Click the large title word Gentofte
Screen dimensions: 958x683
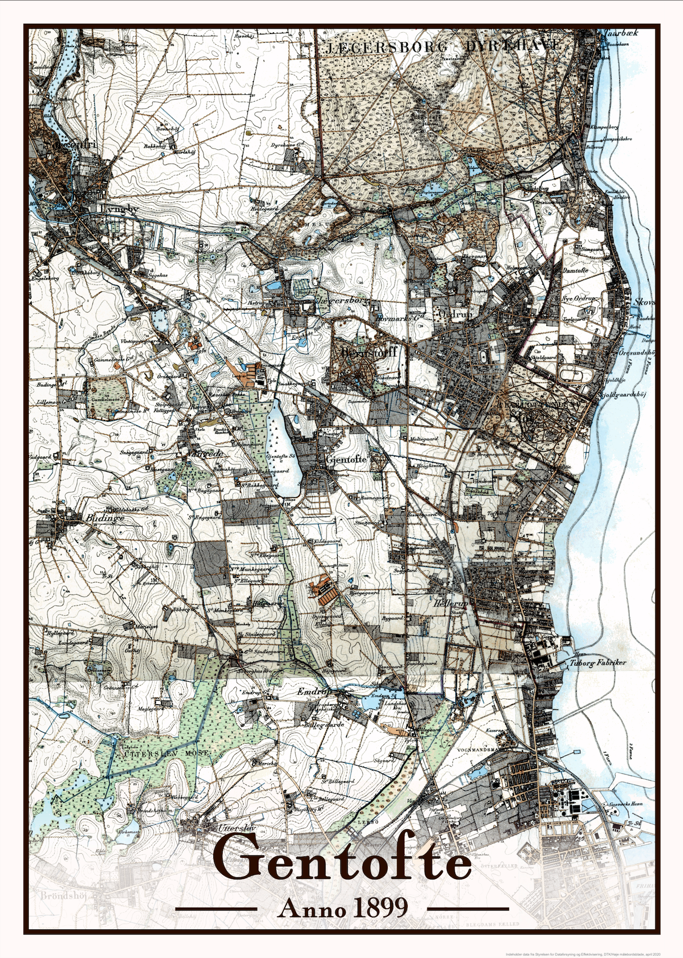point(341,863)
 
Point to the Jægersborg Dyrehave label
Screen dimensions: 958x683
point(443,46)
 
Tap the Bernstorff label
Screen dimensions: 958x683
point(369,352)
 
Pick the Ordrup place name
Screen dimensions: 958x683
point(455,314)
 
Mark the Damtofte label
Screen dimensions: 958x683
point(576,271)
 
